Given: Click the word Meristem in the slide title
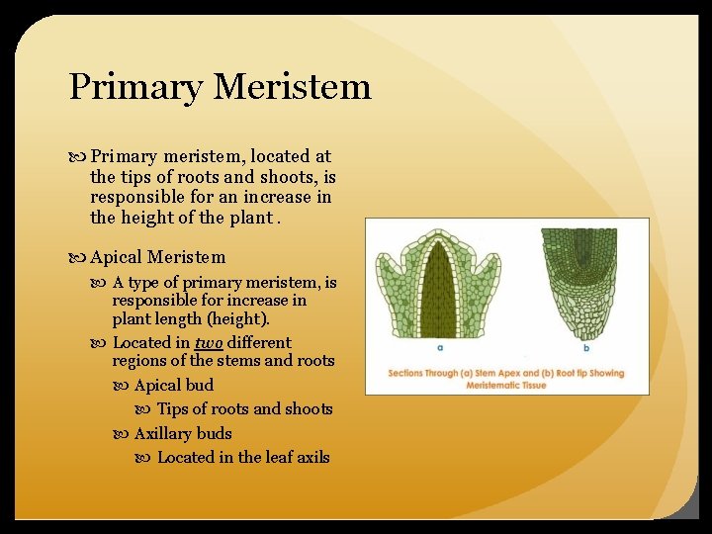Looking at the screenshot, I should coord(292,87).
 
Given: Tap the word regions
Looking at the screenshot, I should coord(141,361).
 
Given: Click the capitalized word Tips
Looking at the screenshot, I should coord(173,408).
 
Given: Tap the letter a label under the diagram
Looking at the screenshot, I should coord(438,348).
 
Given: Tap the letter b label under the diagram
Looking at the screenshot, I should coord(587,348).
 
